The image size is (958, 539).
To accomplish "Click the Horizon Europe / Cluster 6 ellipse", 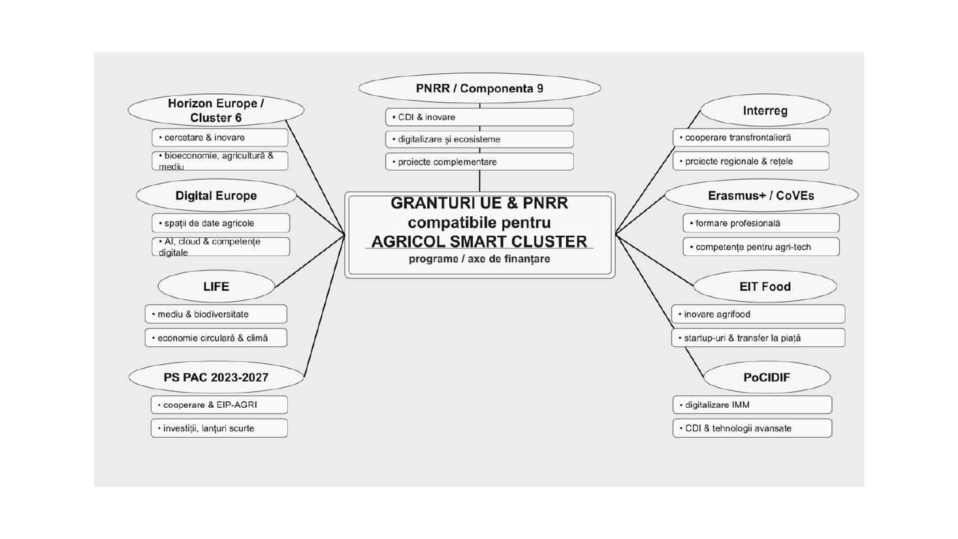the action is coord(216,110).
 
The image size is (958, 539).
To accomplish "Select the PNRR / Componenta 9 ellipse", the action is coord(480,88).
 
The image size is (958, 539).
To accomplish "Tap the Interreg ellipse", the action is coord(765,110).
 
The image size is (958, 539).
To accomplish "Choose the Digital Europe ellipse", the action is coord(216,195).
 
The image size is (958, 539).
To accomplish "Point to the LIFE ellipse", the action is coord(216,286).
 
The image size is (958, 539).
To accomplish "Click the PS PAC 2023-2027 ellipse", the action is coord(216,378).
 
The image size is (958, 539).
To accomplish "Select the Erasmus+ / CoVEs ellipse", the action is coord(761,195).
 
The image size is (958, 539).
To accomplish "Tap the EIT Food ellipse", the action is coord(765,286).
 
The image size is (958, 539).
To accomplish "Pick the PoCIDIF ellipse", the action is coord(767,378).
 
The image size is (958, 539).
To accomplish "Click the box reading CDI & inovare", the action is coord(479,117).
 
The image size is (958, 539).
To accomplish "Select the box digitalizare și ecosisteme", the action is coord(479,139).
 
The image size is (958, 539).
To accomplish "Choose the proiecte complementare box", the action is coord(479,162).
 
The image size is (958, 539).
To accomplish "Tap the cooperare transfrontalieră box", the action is coord(751,138).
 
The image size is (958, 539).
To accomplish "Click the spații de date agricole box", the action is coord(221,223).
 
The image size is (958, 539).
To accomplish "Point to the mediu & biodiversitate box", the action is coord(216,314).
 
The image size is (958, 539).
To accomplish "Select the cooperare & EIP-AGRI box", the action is coord(219,404).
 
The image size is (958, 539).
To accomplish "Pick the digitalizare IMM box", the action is coord(752,404).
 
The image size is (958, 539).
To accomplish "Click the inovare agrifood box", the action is coord(758,314).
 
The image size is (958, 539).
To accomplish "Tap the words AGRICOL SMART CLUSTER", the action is coord(479,242).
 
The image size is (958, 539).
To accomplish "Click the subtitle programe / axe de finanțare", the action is coord(479,259).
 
